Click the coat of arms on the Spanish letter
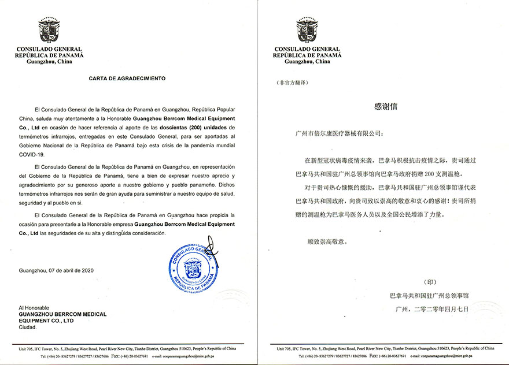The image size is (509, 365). coord(49,31)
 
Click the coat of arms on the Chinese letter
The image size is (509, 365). coord(307,31)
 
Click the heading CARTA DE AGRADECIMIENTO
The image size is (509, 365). coord(126,77)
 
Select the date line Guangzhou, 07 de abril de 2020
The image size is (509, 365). coord(56,270)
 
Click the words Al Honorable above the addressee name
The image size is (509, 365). coord(34,308)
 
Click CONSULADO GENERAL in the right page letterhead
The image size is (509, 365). coord(308,49)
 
